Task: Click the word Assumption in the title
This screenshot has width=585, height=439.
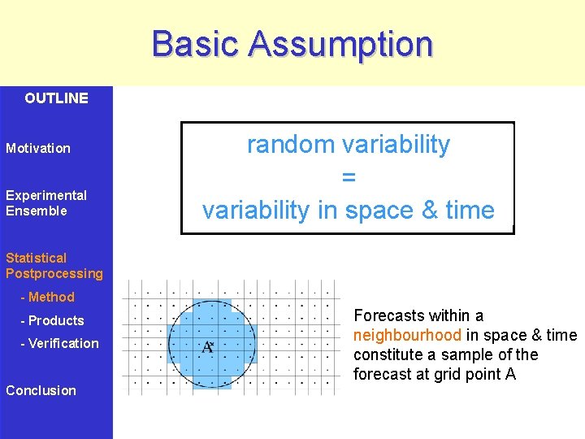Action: point(341,44)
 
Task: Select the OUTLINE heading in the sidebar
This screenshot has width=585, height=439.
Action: point(56,98)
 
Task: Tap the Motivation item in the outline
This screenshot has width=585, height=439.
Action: point(38,149)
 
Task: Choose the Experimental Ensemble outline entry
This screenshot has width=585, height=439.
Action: point(45,203)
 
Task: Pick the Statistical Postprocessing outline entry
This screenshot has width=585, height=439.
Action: point(54,266)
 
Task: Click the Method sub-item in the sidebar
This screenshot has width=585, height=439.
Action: point(50,298)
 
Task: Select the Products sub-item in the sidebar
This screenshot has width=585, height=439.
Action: point(55,320)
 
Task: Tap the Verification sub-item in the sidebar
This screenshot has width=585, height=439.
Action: point(63,343)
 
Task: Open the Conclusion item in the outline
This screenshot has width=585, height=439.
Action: point(41,390)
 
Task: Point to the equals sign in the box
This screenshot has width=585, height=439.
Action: point(349,177)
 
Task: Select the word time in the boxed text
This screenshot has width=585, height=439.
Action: point(470,211)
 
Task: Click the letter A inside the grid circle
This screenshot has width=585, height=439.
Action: point(207,347)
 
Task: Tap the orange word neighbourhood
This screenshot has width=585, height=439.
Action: point(407,336)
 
